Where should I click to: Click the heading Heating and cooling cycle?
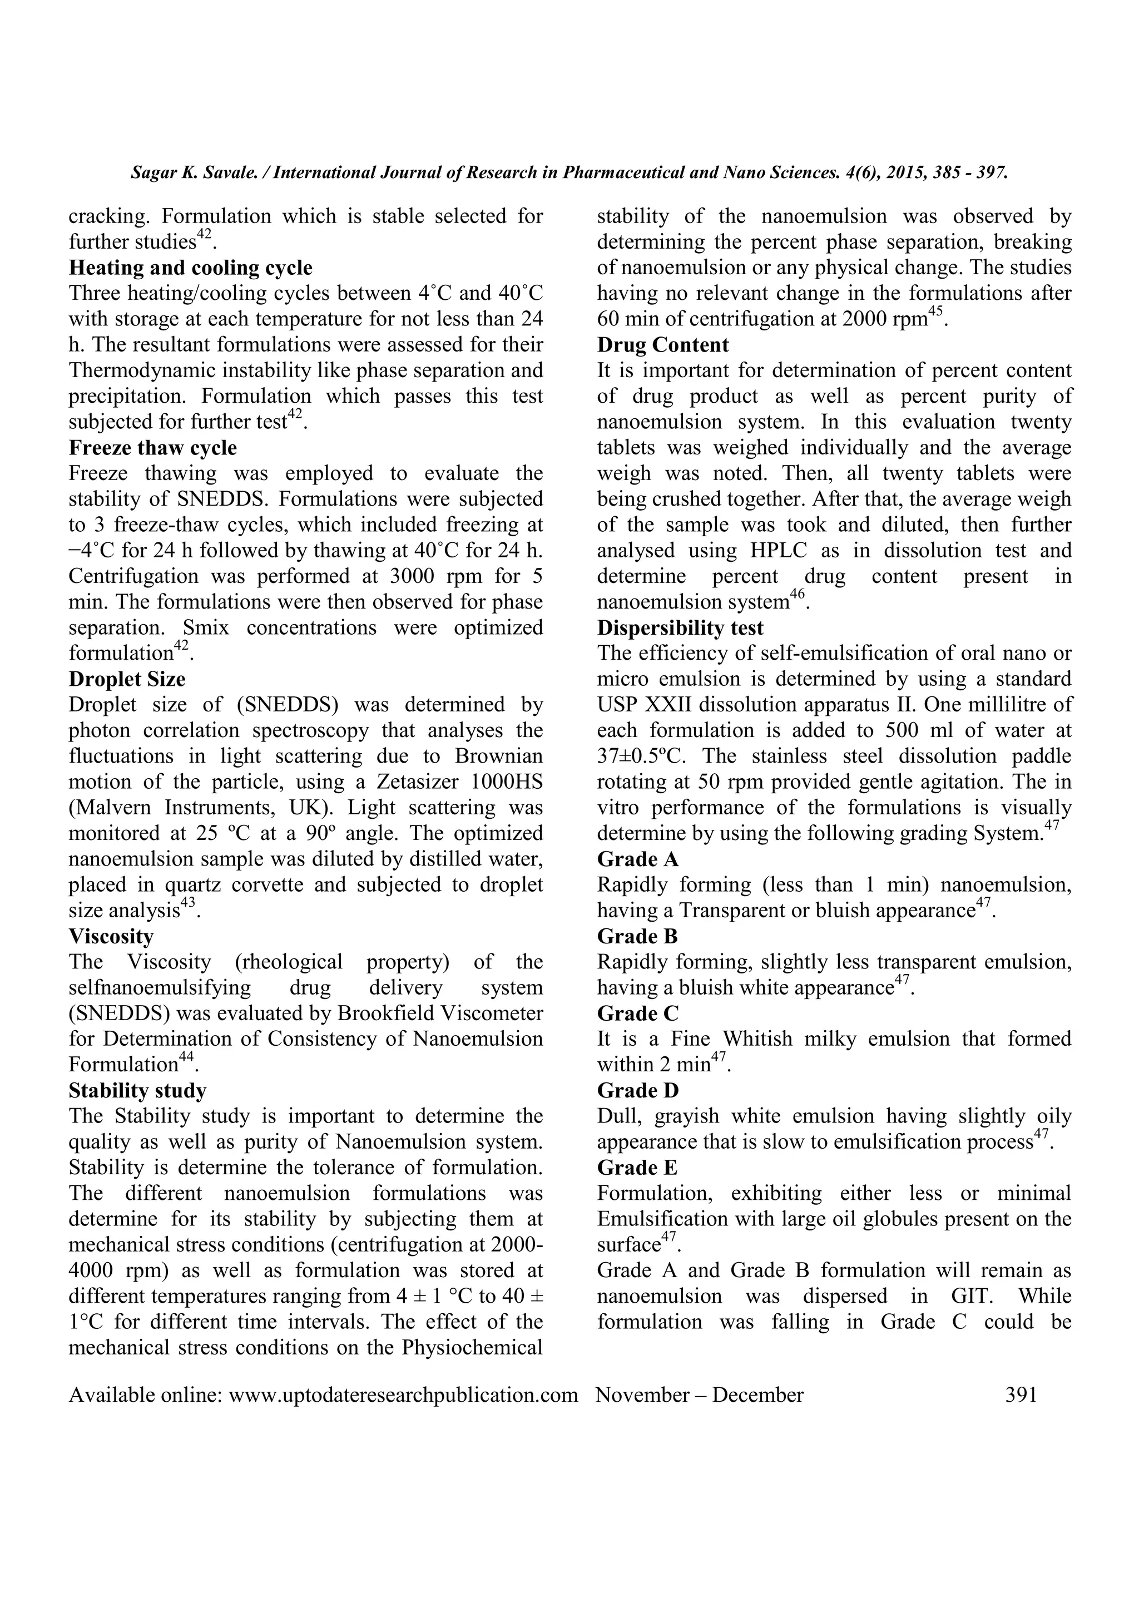190,268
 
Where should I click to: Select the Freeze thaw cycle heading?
152,447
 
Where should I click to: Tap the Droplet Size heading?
126,679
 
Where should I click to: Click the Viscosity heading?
111,936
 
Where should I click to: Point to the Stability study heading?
137,1090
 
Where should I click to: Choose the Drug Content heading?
662,345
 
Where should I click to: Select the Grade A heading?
637,859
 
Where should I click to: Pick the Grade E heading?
637,1168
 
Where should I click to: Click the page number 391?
1021,1395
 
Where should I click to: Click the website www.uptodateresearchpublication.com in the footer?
404,1395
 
